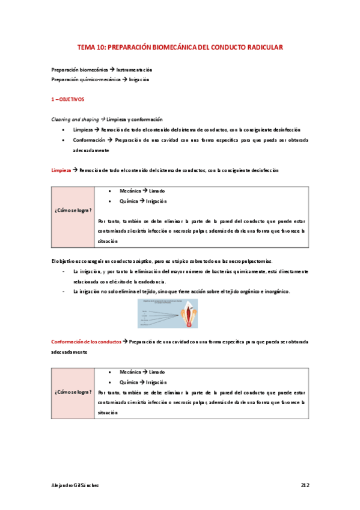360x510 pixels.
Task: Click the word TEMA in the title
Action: (88, 46)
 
